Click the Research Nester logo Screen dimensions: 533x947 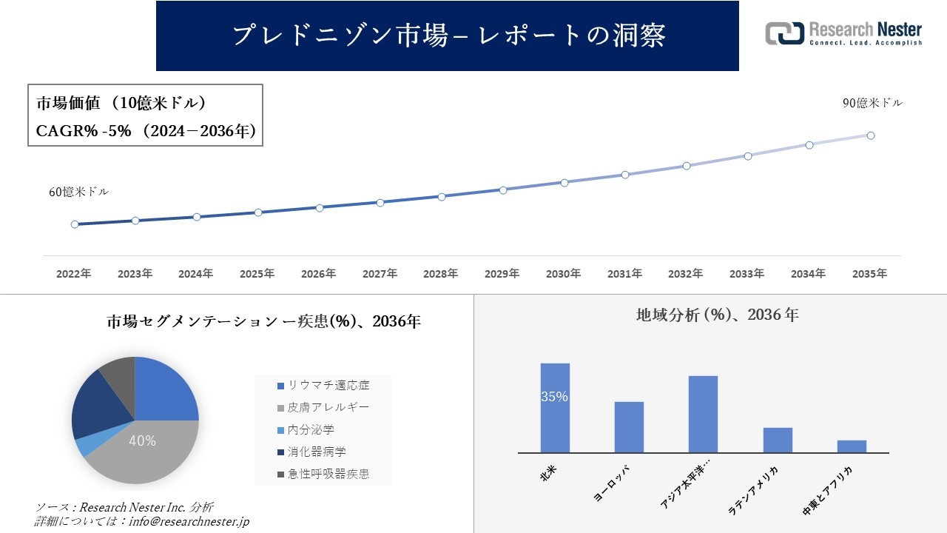point(843,33)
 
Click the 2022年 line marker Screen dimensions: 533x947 point(75,224)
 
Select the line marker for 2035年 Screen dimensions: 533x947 point(871,135)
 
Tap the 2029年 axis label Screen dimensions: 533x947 point(502,274)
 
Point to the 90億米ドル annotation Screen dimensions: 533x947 point(872,103)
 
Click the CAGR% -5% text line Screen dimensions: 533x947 point(146,131)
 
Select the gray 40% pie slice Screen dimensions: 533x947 point(148,452)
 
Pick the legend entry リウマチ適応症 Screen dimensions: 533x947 point(323,386)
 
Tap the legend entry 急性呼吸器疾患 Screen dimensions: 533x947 point(323,474)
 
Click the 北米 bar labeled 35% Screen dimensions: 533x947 point(555,407)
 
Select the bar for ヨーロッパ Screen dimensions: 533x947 point(629,427)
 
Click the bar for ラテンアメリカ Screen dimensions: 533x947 point(778,440)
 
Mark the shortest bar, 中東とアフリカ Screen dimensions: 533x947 point(852,446)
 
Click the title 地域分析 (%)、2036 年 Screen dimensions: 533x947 point(717,315)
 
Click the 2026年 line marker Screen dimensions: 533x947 point(320,208)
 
